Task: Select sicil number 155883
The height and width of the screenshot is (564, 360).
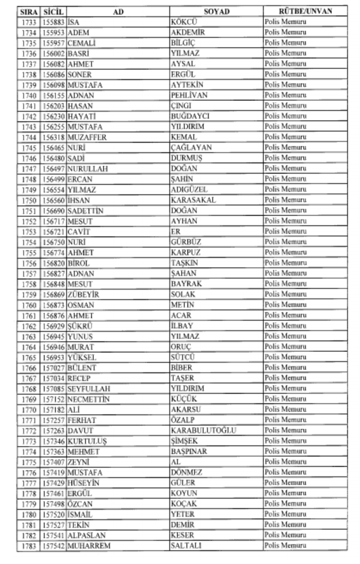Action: (x=53, y=22)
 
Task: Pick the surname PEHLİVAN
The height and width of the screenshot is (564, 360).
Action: (x=189, y=95)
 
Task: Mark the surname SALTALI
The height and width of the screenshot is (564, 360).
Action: (x=186, y=546)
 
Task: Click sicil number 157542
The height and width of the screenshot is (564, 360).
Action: (x=53, y=546)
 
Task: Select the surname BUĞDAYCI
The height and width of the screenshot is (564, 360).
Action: (x=190, y=116)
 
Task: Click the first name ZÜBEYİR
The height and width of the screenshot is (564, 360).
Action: (x=83, y=295)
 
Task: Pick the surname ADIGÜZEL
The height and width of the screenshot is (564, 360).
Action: (x=189, y=189)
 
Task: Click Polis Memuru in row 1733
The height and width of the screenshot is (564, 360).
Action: (x=285, y=22)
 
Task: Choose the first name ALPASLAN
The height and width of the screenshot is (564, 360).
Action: (x=87, y=536)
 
